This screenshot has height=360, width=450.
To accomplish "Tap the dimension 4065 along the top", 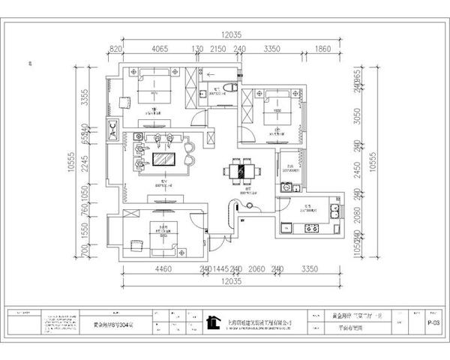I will [154, 49].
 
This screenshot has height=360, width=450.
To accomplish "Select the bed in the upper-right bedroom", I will [277, 106].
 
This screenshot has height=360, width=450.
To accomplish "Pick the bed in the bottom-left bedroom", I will [160, 237].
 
